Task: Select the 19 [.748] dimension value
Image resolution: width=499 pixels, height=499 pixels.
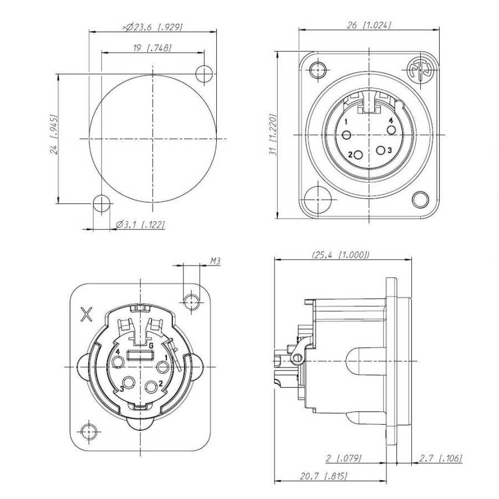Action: (x=152, y=48)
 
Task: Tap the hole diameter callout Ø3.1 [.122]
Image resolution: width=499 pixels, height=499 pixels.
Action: (x=141, y=225)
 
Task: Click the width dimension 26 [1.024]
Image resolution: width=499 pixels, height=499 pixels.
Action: (x=369, y=25)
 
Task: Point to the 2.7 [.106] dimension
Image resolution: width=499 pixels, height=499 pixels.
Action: (x=441, y=458)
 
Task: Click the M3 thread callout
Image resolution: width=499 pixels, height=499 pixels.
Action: (x=215, y=260)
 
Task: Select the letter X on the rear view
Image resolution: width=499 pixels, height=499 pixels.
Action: (x=87, y=314)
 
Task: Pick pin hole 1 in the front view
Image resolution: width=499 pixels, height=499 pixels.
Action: (x=347, y=135)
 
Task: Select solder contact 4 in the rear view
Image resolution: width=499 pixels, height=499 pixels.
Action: (x=118, y=363)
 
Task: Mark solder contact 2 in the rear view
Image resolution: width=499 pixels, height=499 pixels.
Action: (x=151, y=384)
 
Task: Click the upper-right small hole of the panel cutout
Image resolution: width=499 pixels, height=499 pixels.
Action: (x=204, y=73)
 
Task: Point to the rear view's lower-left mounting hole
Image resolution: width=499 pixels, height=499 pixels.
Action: (x=88, y=430)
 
